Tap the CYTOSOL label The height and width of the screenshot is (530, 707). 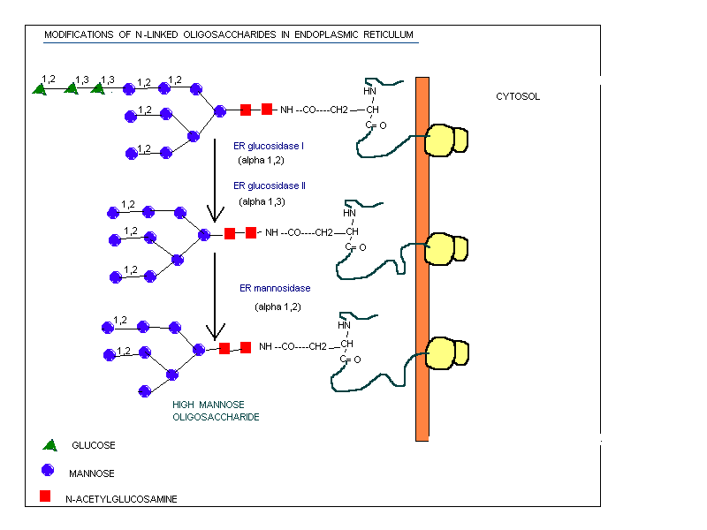pyautogui.click(x=517, y=96)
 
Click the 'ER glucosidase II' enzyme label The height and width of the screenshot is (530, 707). pyautogui.click(x=270, y=186)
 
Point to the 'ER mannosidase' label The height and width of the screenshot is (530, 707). pyautogui.click(x=275, y=288)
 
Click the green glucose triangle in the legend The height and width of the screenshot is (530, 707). pyautogui.click(x=49, y=444)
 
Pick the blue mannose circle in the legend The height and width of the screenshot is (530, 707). pyautogui.click(x=47, y=471)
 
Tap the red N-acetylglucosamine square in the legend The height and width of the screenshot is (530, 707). pyautogui.click(x=46, y=496)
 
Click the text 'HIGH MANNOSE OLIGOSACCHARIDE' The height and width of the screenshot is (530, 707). pyautogui.click(x=216, y=410)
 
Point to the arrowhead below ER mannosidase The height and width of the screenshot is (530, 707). pyautogui.click(x=213, y=332)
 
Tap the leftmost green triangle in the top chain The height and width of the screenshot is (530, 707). pyautogui.click(x=40, y=88)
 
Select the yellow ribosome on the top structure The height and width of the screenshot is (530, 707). pyautogui.click(x=445, y=140)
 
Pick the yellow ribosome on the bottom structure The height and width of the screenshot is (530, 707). pyautogui.click(x=445, y=352)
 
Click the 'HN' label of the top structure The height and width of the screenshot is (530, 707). pyautogui.click(x=369, y=91)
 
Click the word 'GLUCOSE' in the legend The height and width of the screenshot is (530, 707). pyautogui.click(x=93, y=445)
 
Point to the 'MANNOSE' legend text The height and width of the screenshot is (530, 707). pyautogui.click(x=91, y=473)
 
